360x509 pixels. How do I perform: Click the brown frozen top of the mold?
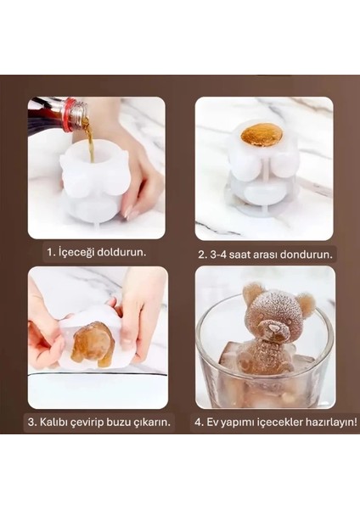(x=262, y=134)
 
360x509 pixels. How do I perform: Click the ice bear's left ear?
(x=252, y=294)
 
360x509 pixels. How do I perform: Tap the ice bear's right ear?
(x=306, y=303)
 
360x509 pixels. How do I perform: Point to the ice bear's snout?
(x=273, y=327)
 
